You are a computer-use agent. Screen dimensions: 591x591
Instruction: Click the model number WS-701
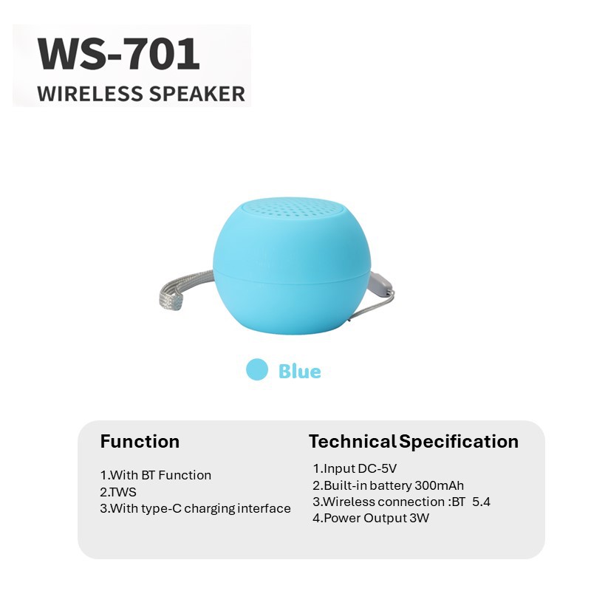pyautogui.click(x=118, y=54)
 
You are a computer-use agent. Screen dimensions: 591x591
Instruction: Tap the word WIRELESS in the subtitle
pyautogui.click(x=90, y=94)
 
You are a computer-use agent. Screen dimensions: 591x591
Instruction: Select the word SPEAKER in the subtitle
pyautogui.click(x=197, y=94)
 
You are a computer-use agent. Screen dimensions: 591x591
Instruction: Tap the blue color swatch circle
pyautogui.click(x=257, y=369)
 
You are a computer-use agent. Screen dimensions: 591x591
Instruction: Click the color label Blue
pyautogui.click(x=300, y=372)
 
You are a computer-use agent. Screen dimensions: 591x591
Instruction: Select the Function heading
pyautogui.click(x=140, y=441)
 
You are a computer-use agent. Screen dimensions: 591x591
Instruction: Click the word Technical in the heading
pyautogui.click(x=352, y=441)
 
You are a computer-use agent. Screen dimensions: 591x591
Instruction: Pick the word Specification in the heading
pyautogui.click(x=459, y=442)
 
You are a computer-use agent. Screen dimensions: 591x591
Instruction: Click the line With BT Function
pyautogui.click(x=155, y=475)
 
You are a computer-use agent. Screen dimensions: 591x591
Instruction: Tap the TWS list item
pyautogui.click(x=118, y=492)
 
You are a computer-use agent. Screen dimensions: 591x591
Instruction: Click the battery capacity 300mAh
pyautogui.click(x=439, y=485)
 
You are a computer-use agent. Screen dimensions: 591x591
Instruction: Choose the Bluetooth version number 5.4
pyautogui.click(x=482, y=502)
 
